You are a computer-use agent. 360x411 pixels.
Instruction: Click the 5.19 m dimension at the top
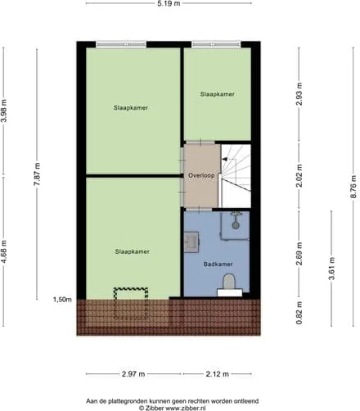(x=169, y=4)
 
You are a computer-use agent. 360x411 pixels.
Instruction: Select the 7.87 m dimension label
(x=37, y=174)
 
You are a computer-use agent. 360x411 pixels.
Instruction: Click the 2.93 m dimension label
(x=299, y=94)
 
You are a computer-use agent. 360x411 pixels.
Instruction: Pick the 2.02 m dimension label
(x=299, y=175)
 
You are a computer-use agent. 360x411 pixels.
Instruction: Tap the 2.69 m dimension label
(x=299, y=254)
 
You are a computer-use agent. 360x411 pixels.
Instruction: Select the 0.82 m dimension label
(x=299, y=313)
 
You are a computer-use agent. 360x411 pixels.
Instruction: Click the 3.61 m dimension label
(x=332, y=269)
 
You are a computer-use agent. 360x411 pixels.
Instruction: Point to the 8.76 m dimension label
(x=353, y=187)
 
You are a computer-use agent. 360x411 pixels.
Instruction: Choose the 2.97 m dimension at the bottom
(x=133, y=374)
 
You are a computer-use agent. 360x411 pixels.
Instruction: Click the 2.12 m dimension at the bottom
(x=218, y=374)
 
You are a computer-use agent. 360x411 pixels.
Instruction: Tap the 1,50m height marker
(x=62, y=300)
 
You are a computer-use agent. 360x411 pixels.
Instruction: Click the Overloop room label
(x=201, y=175)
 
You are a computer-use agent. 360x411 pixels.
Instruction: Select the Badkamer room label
(x=218, y=264)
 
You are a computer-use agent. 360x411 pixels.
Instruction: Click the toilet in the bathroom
(x=229, y=285)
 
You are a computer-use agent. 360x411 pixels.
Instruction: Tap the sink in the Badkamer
(x=191, y=242)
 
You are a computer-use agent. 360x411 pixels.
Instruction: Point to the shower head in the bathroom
(x=236, y=220)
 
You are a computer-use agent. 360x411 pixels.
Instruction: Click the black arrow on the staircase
(x=225, y=160)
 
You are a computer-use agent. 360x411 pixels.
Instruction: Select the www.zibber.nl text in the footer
(x=186, y=408)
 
